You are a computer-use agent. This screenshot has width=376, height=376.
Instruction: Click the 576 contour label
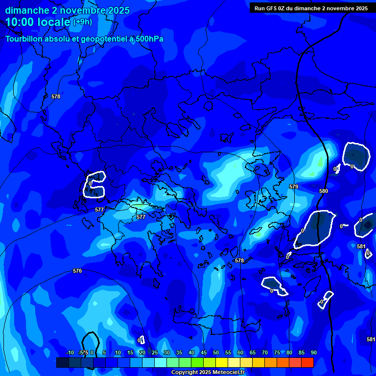tap(77, 271)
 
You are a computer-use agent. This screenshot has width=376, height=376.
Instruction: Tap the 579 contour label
tap(294, 187)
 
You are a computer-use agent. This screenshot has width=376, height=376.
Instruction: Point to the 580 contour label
tap(324, 191)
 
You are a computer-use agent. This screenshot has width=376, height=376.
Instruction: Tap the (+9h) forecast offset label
tap(82, 22)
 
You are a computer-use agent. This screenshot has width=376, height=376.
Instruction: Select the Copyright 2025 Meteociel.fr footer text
tap(208, 372)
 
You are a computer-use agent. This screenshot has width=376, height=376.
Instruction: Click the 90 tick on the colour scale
tap(313, 352)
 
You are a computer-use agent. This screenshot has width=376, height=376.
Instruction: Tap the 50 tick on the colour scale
tap(216, 352)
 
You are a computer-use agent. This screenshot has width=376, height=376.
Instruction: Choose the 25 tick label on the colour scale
tap(154, 352)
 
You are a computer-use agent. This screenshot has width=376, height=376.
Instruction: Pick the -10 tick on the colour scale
tap(70, 352)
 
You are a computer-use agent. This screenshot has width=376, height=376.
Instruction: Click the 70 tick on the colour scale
tap(265, 352)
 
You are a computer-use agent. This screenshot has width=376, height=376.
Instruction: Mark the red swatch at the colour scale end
tap(307, 362)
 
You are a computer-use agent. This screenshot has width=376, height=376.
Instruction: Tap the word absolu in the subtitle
tap(57, 39)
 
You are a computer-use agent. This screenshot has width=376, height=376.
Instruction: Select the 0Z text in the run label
tap(282, 8)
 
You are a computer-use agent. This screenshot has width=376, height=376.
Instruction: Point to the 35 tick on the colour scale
tap(179, 352)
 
